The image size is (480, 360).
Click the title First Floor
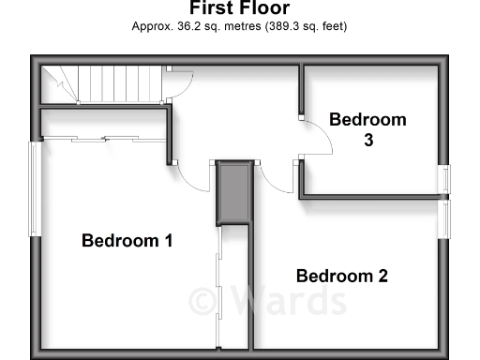[x=239, y=7]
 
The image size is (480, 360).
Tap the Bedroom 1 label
[x=127, y=241]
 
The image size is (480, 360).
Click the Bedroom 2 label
[x=342, y=276]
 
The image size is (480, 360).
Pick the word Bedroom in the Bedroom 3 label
[x=367, y=120]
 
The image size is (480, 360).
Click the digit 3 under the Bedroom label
[x=368, y=140]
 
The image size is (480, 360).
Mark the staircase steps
[x=112, y=83]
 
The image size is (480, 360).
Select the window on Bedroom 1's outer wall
[x=34, y=188]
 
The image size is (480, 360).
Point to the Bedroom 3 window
[x=446, y=181]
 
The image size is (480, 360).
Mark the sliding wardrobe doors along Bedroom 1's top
[x=103, y=139]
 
